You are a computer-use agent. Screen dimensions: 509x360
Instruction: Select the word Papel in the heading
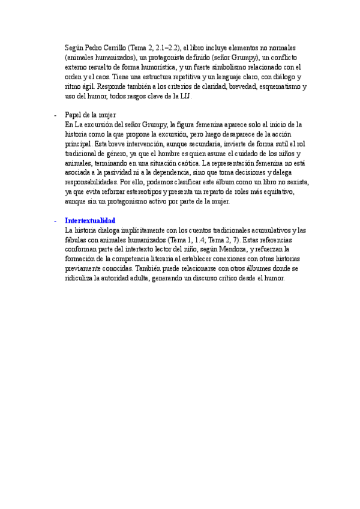[x=73, y=115]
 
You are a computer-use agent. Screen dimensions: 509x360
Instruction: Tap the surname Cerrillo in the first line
[x=111, y=47]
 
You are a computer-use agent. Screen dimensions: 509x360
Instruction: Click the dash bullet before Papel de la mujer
[x=55, y=115]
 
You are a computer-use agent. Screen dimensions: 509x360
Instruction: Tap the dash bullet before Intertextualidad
[x=55, y=221]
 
